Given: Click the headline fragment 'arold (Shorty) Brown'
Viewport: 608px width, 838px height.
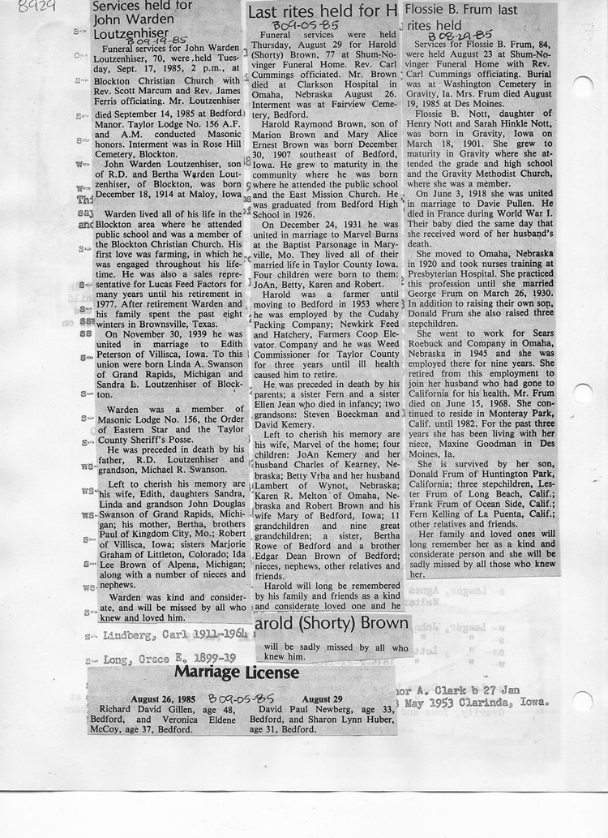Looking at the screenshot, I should click(332, 626).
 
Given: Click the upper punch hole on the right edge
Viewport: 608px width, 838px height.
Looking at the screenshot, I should click(582, 87).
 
